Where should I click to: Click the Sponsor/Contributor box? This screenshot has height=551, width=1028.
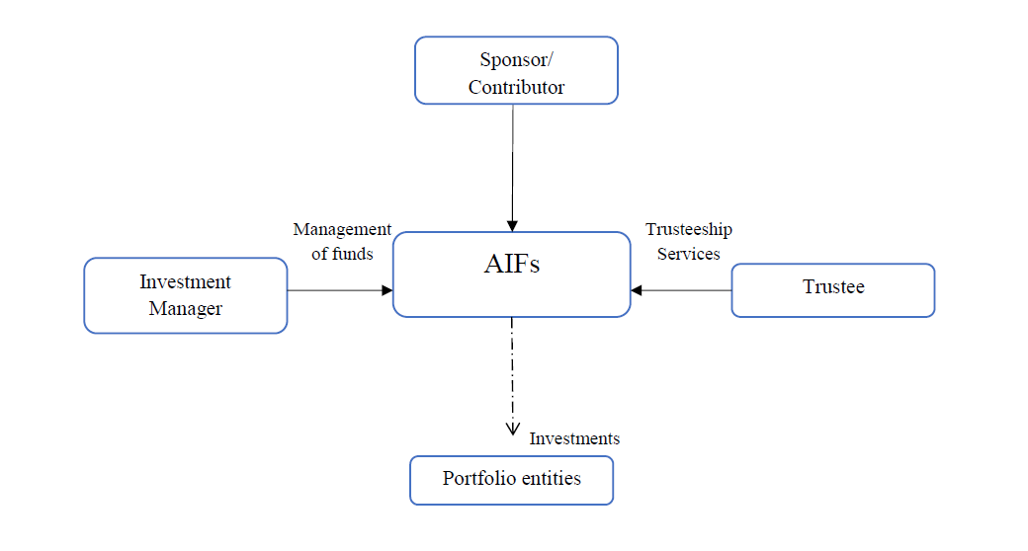[x=516, y=70]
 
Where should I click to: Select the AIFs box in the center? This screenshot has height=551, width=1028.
[x=511, y=275]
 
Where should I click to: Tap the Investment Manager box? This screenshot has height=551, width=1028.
[x=186, y=295]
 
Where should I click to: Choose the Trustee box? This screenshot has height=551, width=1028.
[x=833, y=290]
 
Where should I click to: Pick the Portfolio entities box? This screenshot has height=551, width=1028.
[x=511, y=480]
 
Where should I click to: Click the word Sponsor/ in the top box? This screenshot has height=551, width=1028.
[x=516, y=59]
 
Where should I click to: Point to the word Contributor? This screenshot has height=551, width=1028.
[x=516, y=87]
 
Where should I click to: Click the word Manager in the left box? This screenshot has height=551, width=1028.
[x=186, y=309]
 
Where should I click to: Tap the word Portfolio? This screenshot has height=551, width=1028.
[x=479, y=478]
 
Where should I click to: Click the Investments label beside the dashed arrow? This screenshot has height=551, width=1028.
[x=574, y=438]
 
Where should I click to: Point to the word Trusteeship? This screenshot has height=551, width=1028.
[x=688, y=229]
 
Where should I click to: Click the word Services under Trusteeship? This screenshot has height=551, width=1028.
[x=688, y=254]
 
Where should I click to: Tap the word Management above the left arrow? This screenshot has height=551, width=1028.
[x=342, y=229]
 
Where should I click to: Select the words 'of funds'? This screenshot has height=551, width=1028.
[x=342, y=254]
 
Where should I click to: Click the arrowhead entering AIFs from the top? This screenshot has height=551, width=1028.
[x=512, y=226]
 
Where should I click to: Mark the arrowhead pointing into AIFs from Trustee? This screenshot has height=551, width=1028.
[x=636, y=290]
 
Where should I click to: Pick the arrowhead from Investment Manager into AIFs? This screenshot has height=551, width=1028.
[x=387, y=290]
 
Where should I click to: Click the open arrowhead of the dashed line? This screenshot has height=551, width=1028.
[x=512, y=430]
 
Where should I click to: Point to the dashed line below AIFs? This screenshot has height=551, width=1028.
[x=512, y=377]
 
